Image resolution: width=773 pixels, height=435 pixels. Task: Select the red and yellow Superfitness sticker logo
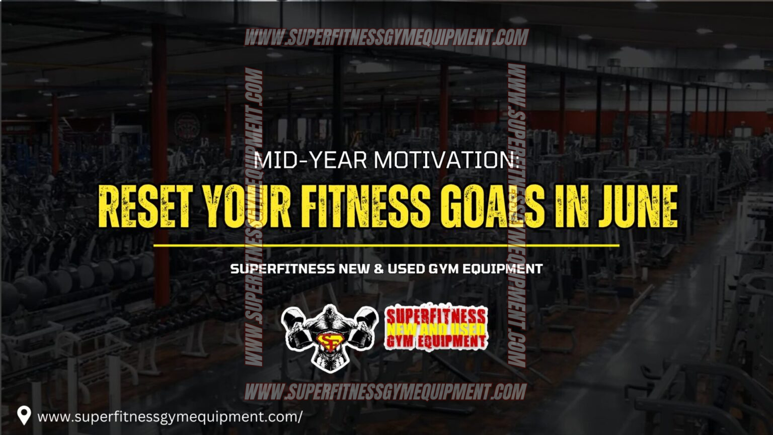pyautogui.click(x=436, y=328)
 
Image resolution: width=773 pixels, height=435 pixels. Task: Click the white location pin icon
pyautogui.click(x=24, y=415)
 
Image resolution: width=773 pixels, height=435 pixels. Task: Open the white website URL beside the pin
pyautogui.click(x=170, y=417)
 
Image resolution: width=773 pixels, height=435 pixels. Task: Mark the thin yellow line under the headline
pyautogui.click(x=386, y=246)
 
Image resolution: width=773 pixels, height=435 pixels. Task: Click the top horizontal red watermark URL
pyautogui.click(x=386, y=38)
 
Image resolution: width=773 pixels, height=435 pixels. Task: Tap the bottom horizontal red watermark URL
pyautogui.click(x=386, y=392)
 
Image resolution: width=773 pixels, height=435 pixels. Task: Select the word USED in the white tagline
pyautogui.click(x=406, y=269)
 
